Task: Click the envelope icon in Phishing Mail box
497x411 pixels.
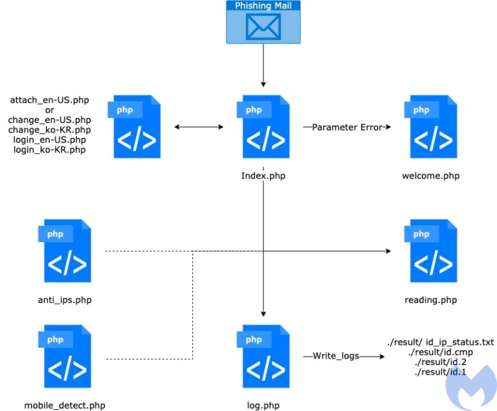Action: [263, 27]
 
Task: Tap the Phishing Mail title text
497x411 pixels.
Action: [263, 5]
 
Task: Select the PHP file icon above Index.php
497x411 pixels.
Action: [263, 126]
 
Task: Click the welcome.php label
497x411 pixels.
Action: [431, 175]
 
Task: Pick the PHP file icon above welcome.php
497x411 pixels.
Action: [430, 126]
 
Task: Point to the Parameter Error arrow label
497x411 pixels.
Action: [348, 127]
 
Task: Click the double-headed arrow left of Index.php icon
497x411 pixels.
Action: [199, 127]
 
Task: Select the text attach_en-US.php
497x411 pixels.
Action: [49, 100]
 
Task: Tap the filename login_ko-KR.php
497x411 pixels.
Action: [49, 150]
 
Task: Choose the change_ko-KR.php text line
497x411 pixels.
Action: [49, 130]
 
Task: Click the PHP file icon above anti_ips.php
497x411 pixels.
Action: [65, 251]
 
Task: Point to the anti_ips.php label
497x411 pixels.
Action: [65, 300]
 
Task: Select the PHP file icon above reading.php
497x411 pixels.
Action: [430, 251]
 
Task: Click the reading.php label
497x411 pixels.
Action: [431, 300]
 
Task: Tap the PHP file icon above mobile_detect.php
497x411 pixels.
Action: [65, 356]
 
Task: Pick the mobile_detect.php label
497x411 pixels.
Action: [65, 405]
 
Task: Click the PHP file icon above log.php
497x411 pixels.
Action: [263, 356]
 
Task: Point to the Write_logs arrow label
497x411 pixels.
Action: [336, 356]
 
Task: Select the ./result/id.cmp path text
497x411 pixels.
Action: [441, 352]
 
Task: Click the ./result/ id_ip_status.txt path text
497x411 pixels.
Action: [441, 342]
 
